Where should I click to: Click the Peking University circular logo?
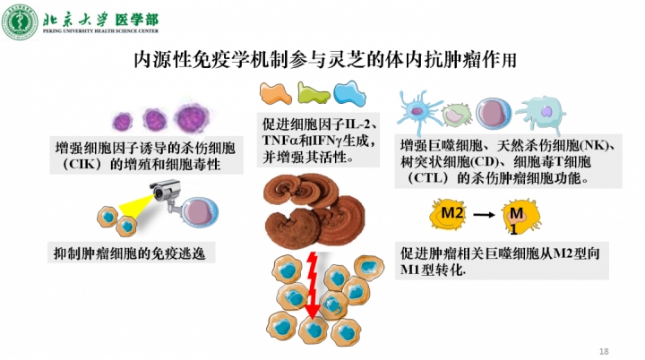pyautogui.click(x=20, y=20)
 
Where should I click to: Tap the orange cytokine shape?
pyautogui.click(x=278, y=92)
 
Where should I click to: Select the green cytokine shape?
pyautogui.click(x=312, y=92)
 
